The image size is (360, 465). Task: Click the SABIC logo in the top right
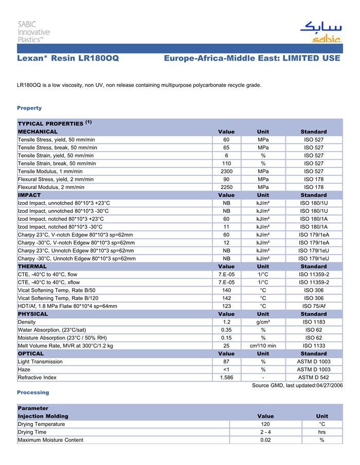pos(320,32)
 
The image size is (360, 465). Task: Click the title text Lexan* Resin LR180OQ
pos(68,59)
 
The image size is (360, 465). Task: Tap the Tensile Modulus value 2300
pos(226,171)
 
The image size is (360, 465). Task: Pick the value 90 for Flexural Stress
pos(226,179)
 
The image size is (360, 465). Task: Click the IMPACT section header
pos(29,195)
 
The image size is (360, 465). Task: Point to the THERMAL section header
pos(32,266)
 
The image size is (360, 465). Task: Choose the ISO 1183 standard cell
pos(314,322)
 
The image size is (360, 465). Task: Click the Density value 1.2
pos(226,322)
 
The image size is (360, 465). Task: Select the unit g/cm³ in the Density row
pos(263,322)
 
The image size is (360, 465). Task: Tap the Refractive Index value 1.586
pos(226,378)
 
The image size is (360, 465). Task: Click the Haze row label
pos(24,369)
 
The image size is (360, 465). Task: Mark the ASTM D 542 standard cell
pos(314,378)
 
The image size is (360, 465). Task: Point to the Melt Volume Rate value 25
pos(226,346)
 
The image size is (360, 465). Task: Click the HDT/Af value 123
pos(226,306)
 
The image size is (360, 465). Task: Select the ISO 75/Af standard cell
pos(314,306)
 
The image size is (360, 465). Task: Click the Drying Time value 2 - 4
pos(265,432)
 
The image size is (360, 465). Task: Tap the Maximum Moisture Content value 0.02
pos(265,440)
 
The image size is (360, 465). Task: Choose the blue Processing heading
pos(33,393)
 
